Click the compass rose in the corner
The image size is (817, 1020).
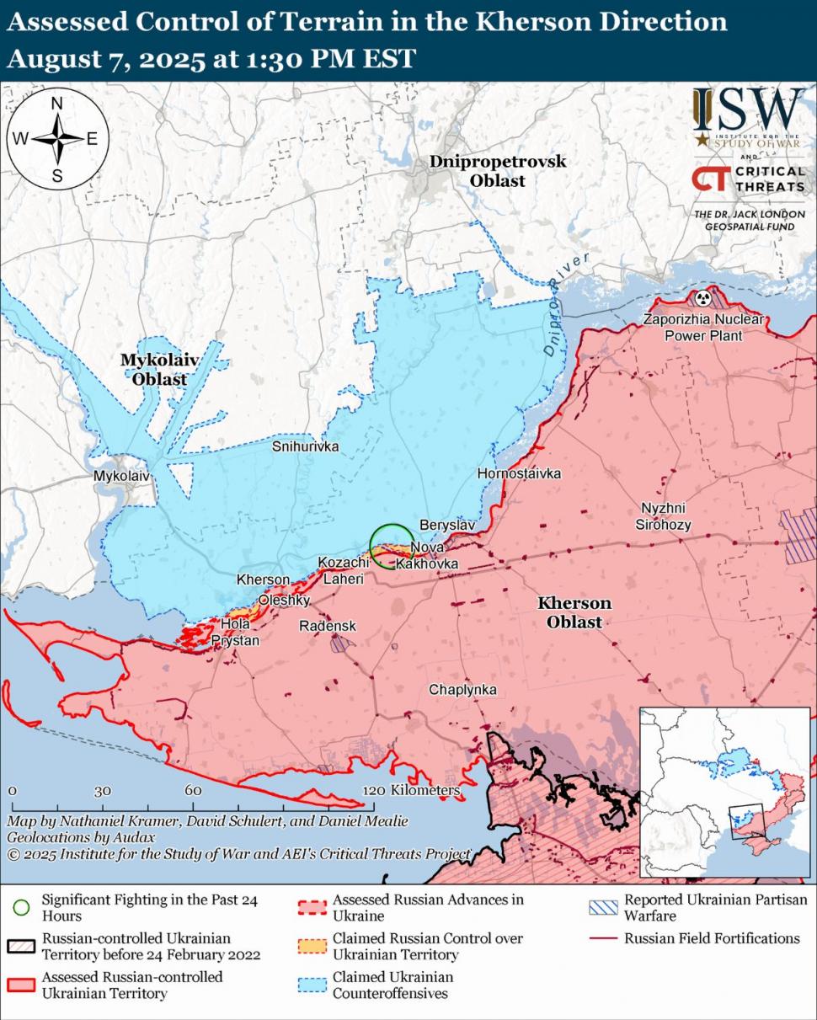58,139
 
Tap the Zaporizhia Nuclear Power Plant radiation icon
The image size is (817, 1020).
702,297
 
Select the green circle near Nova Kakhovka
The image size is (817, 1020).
392,545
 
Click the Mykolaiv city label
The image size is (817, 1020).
121,476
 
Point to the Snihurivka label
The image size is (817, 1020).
305,446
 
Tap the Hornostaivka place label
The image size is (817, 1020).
519,473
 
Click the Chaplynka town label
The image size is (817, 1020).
462,690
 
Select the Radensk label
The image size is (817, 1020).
328,626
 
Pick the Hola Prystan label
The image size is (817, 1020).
236,633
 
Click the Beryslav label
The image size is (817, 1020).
448,525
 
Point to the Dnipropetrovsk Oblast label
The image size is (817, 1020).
498,171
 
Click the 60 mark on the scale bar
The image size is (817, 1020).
193,791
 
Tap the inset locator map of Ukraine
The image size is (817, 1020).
724,793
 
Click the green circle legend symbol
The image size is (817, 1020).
22,907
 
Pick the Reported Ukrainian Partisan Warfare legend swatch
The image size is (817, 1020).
604,907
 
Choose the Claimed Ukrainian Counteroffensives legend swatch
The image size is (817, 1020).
312,985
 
